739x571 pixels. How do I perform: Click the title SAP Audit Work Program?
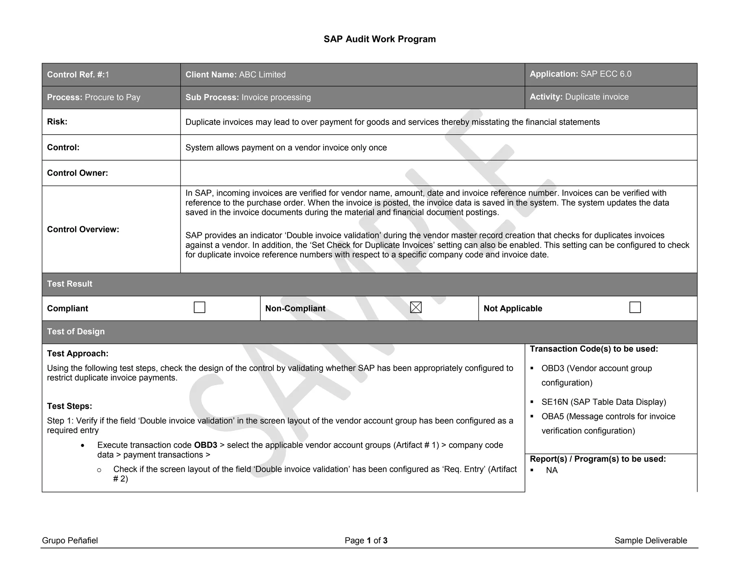tap(379, 39)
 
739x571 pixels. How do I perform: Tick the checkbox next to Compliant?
tap(199, 308)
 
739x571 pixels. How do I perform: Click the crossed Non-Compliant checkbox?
tap(416, 308)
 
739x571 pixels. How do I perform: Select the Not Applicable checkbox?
tap(635, 308)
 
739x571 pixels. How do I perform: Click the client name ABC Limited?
tap(262, 75)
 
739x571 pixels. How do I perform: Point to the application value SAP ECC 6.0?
tap(606, 74)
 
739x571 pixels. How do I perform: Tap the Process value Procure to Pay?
tap(112, 97)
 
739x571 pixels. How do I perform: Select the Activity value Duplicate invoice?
tap(596, 97)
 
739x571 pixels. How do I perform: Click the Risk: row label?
tap(57, 122)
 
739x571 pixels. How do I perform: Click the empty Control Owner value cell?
tap(438, 173)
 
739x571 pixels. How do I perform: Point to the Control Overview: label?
tap(83, 230)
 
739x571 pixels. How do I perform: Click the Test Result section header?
tap(70, 284)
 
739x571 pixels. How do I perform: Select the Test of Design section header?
tap(76, 331)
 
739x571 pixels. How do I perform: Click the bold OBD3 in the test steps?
tap(205, 445)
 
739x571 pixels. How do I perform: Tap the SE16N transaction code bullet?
tap(603, 402)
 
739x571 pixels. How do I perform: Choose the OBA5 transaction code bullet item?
tap(608, 417)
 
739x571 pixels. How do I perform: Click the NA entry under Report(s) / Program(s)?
tap(552, 470)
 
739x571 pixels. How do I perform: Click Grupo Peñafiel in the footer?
tap(70, 540)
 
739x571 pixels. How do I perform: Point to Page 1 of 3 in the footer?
tap(366, 540)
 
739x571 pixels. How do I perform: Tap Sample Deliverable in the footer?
tap(650, 540)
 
